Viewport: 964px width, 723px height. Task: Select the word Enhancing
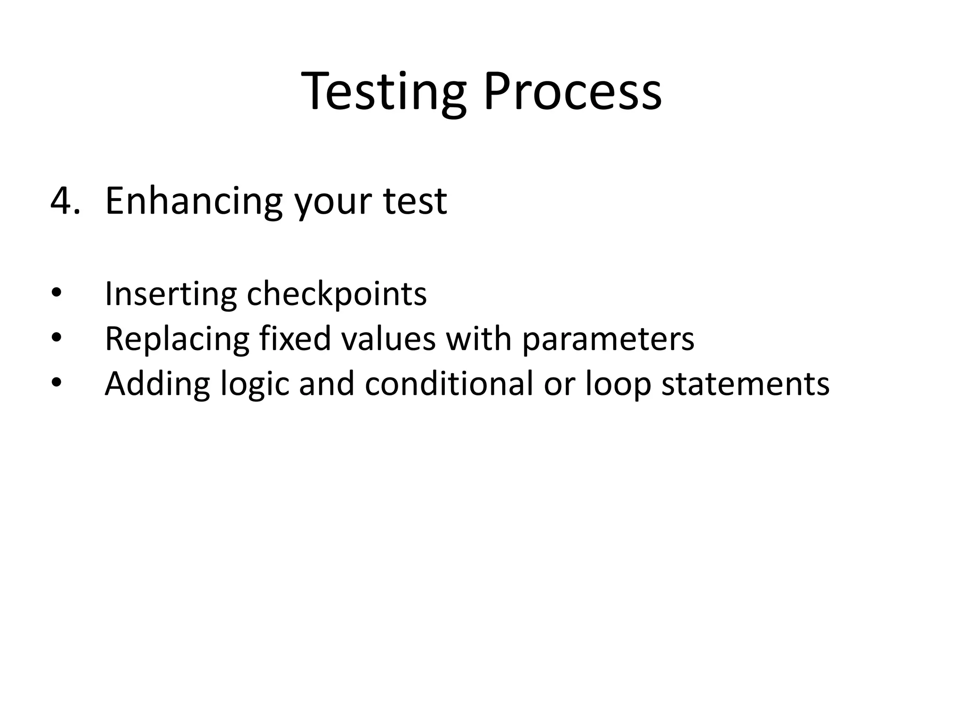pyautogui.click(x=193, y=202)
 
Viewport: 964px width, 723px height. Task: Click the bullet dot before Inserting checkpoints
pyautogui.click(x=56, y=294)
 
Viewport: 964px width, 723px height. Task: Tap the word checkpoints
pyautogui.click(x=337, y=294)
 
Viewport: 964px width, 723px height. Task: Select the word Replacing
pyautogui.click(x=177, y=339)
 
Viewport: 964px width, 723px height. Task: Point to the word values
pyautogui.click(x=389, y=338)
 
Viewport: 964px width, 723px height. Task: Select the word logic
pyautogui.click(x=255, y=384)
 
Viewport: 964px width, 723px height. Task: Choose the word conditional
pyautogui.click(x=449, y=383)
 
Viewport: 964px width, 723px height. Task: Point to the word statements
pyautogui.click(x=746, y=384)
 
